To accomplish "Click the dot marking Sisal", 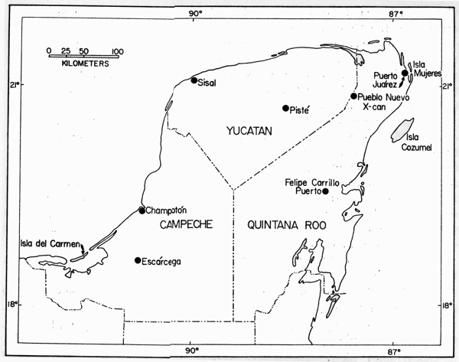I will point(194,80).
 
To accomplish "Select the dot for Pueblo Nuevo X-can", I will point(354,96).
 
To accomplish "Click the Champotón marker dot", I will point(142,210).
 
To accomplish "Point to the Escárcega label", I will point(163,262).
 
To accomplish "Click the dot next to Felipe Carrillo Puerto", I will point(326,191).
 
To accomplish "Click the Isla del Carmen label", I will point(50,243).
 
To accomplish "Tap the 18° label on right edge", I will point(448,305).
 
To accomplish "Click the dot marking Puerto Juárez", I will point(405,73).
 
